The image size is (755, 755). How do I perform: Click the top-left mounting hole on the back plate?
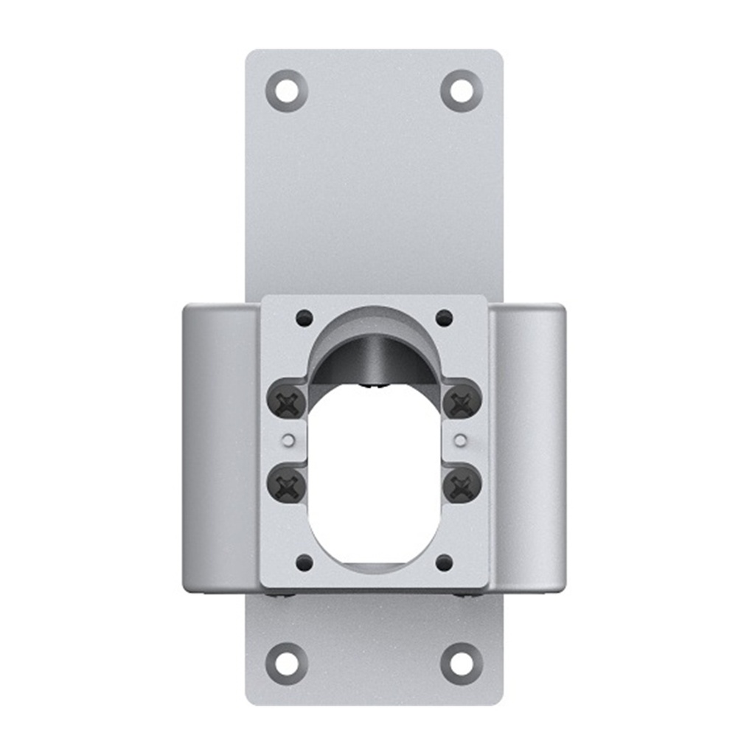286,91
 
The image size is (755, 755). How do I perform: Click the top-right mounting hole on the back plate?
462,91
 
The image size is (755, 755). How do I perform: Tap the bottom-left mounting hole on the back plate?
286,663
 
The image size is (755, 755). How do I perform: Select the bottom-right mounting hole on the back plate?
462,663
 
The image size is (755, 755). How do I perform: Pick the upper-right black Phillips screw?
462,403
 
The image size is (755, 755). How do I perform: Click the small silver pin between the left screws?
289,441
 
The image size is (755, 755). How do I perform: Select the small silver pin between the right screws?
461,441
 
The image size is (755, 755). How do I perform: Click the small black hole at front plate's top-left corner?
305,319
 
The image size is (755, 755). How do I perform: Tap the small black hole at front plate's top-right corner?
444,319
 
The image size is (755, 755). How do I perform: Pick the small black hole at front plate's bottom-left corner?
305,563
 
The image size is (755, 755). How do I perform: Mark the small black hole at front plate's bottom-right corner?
444,563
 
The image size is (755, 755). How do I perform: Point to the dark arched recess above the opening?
374,354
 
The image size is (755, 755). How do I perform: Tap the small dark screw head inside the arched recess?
375,383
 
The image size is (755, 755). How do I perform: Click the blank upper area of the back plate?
374,192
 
